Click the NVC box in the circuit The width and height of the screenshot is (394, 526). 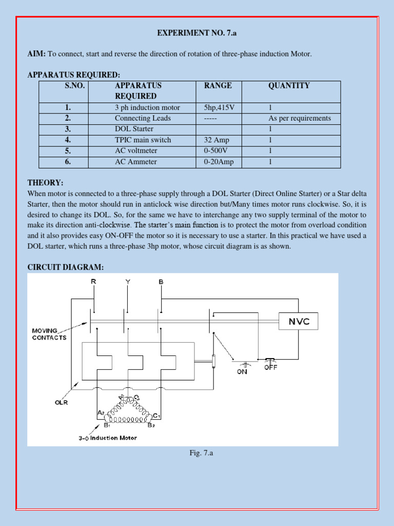point(298,322)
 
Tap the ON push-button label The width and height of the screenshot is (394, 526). point(242,371)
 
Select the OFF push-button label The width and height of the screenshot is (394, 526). point(270,367)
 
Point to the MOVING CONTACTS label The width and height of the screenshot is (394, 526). point(49,335)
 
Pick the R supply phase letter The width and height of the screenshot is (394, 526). point(93,282)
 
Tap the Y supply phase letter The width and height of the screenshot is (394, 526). point(127,282)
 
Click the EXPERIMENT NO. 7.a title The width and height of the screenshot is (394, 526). point(196,33)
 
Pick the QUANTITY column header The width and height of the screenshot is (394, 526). point(289,86)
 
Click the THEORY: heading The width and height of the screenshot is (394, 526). point(45,183)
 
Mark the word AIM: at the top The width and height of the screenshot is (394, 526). point(36,54)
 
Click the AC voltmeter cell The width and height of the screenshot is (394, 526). point(136,151)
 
